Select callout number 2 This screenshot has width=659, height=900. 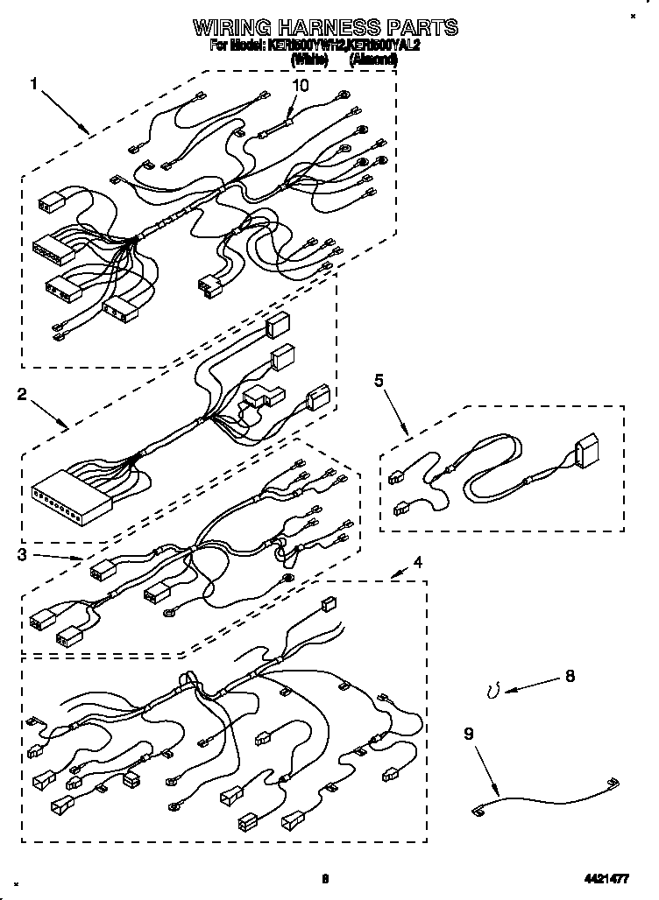[x=21, y=395]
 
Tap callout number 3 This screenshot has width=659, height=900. [x=21, y=554]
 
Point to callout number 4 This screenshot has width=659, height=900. [x=417, y=562]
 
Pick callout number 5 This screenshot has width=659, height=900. [x=379, y=380]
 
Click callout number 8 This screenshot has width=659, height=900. [x=570, y=676]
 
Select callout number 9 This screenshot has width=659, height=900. [x=468, y=734]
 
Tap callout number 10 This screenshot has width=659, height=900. [x=301, y=86]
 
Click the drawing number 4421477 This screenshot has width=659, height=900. [x=606, y=880]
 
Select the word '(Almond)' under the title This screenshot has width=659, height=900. [x=373, y=60]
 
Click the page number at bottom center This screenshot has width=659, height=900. [x=324, y=880]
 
